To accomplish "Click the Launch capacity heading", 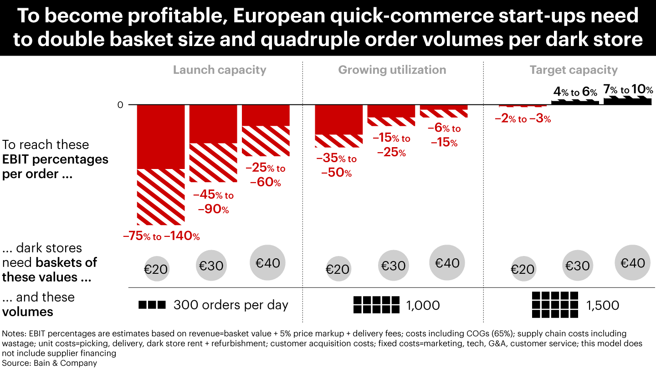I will pos(219,70).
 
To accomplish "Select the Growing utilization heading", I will pos(392,70).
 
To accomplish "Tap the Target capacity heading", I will pos(573,70).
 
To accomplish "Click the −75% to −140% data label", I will pos(161,236).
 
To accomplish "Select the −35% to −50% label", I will pos(336,166).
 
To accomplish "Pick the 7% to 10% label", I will pos(628,89).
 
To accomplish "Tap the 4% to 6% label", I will pos(575,92).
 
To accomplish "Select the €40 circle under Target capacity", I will pos(633,263).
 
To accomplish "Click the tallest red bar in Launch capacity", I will pos(161,164).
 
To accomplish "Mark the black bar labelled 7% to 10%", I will pos(628,101).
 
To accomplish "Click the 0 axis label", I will pos(120,105).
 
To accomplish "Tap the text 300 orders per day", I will pos(231,305).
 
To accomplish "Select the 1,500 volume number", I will pos(603,305).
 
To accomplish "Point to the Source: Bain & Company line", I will pos(50,363).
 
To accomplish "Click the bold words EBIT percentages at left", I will pos(55,159).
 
